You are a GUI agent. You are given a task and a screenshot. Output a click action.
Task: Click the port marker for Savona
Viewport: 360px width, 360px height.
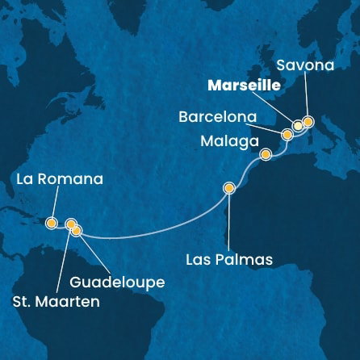tap(308, 121)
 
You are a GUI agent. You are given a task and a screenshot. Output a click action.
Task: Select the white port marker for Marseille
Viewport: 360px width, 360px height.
tap(298, 125)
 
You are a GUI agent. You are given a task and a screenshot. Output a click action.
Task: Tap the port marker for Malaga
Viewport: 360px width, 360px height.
tap(265, 154)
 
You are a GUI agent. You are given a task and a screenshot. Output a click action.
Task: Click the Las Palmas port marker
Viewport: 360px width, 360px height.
tap(229, 189)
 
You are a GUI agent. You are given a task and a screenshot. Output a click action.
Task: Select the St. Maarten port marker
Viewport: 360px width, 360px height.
tap(70, 224)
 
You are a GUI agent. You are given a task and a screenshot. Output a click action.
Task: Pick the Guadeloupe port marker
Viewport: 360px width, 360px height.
tap(77, 231)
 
